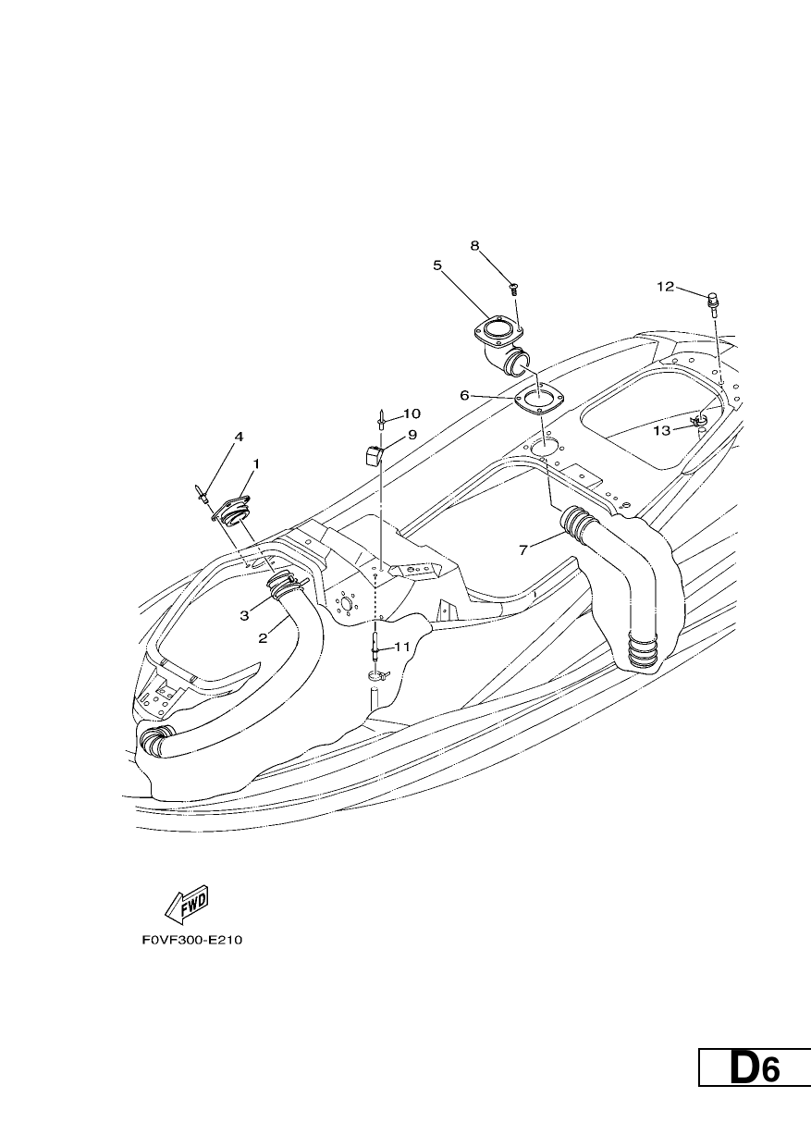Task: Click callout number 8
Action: [474, 246]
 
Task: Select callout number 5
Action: [436, 265]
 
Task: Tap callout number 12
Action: [666, 287]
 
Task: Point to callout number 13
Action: [661, 431]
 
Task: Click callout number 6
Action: [464, 395]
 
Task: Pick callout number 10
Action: [412, 413]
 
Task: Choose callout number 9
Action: [412, 435]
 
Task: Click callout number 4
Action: [239, 437]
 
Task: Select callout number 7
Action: [522, 550]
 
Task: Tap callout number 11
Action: [402, 647]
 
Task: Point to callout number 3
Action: [244, 615]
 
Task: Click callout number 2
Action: [263, 638]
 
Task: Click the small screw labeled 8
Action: [513, 290]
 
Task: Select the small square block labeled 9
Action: [373, 455]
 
